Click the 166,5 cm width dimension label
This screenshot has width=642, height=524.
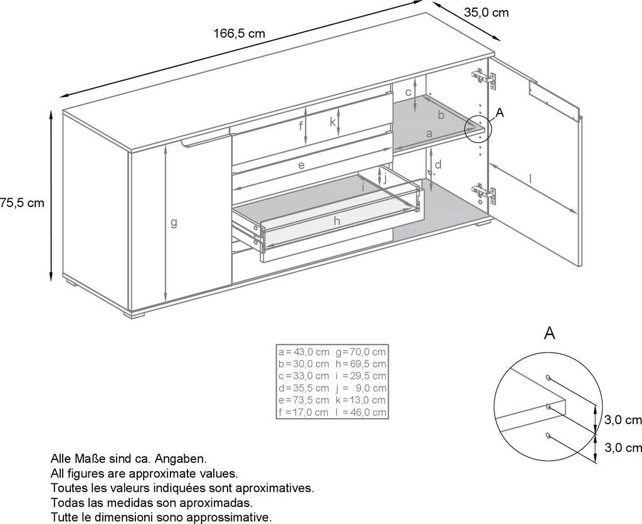[x=239, y=34]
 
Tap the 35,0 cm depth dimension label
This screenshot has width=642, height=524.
[x=486, y=12]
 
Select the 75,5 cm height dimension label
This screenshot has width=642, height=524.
[x=23, y=203]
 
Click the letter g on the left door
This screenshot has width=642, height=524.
[x=174, y=223]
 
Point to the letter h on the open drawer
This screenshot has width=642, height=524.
[x=337, y=220]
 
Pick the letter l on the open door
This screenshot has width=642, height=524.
[x=530, y=179]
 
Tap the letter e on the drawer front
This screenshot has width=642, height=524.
[x=302, y=165]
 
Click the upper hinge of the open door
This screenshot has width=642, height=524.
[x=481, y=77]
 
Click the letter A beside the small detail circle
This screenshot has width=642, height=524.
[x=499, y=112]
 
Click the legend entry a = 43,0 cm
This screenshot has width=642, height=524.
[x=303, y=351]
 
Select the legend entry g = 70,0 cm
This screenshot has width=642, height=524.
[x=361, y=351]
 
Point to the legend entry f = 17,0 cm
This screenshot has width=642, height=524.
[x=303, y=412]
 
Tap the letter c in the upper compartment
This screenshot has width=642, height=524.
[x=408, y=92]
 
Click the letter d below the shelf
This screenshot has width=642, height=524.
[x=438, y=164]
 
